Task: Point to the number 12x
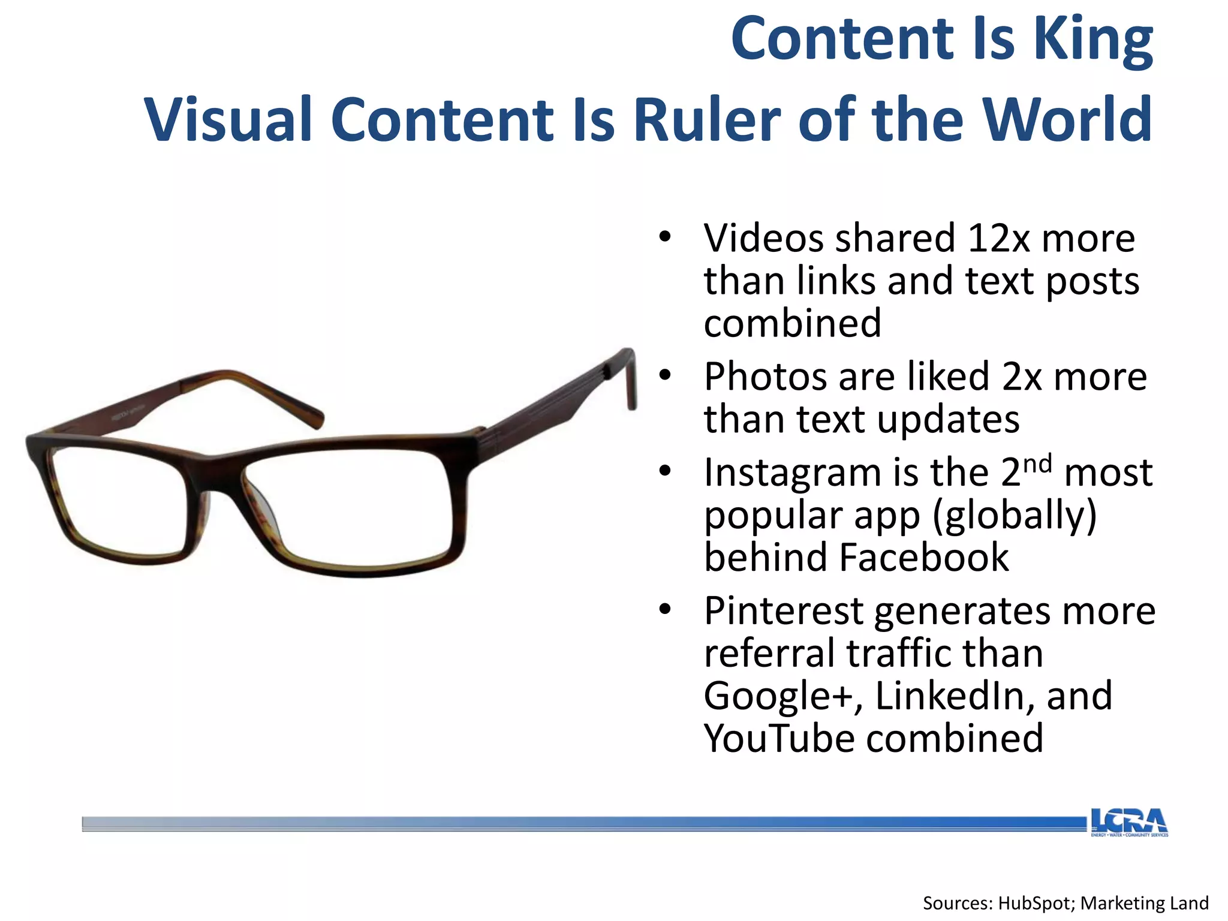[x=998, y=239]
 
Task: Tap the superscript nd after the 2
[x=1037, y=463]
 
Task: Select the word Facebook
[x=924, y=558]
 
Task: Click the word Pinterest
[x=782, y=612]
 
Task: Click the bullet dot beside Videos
[x=664, y=237]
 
